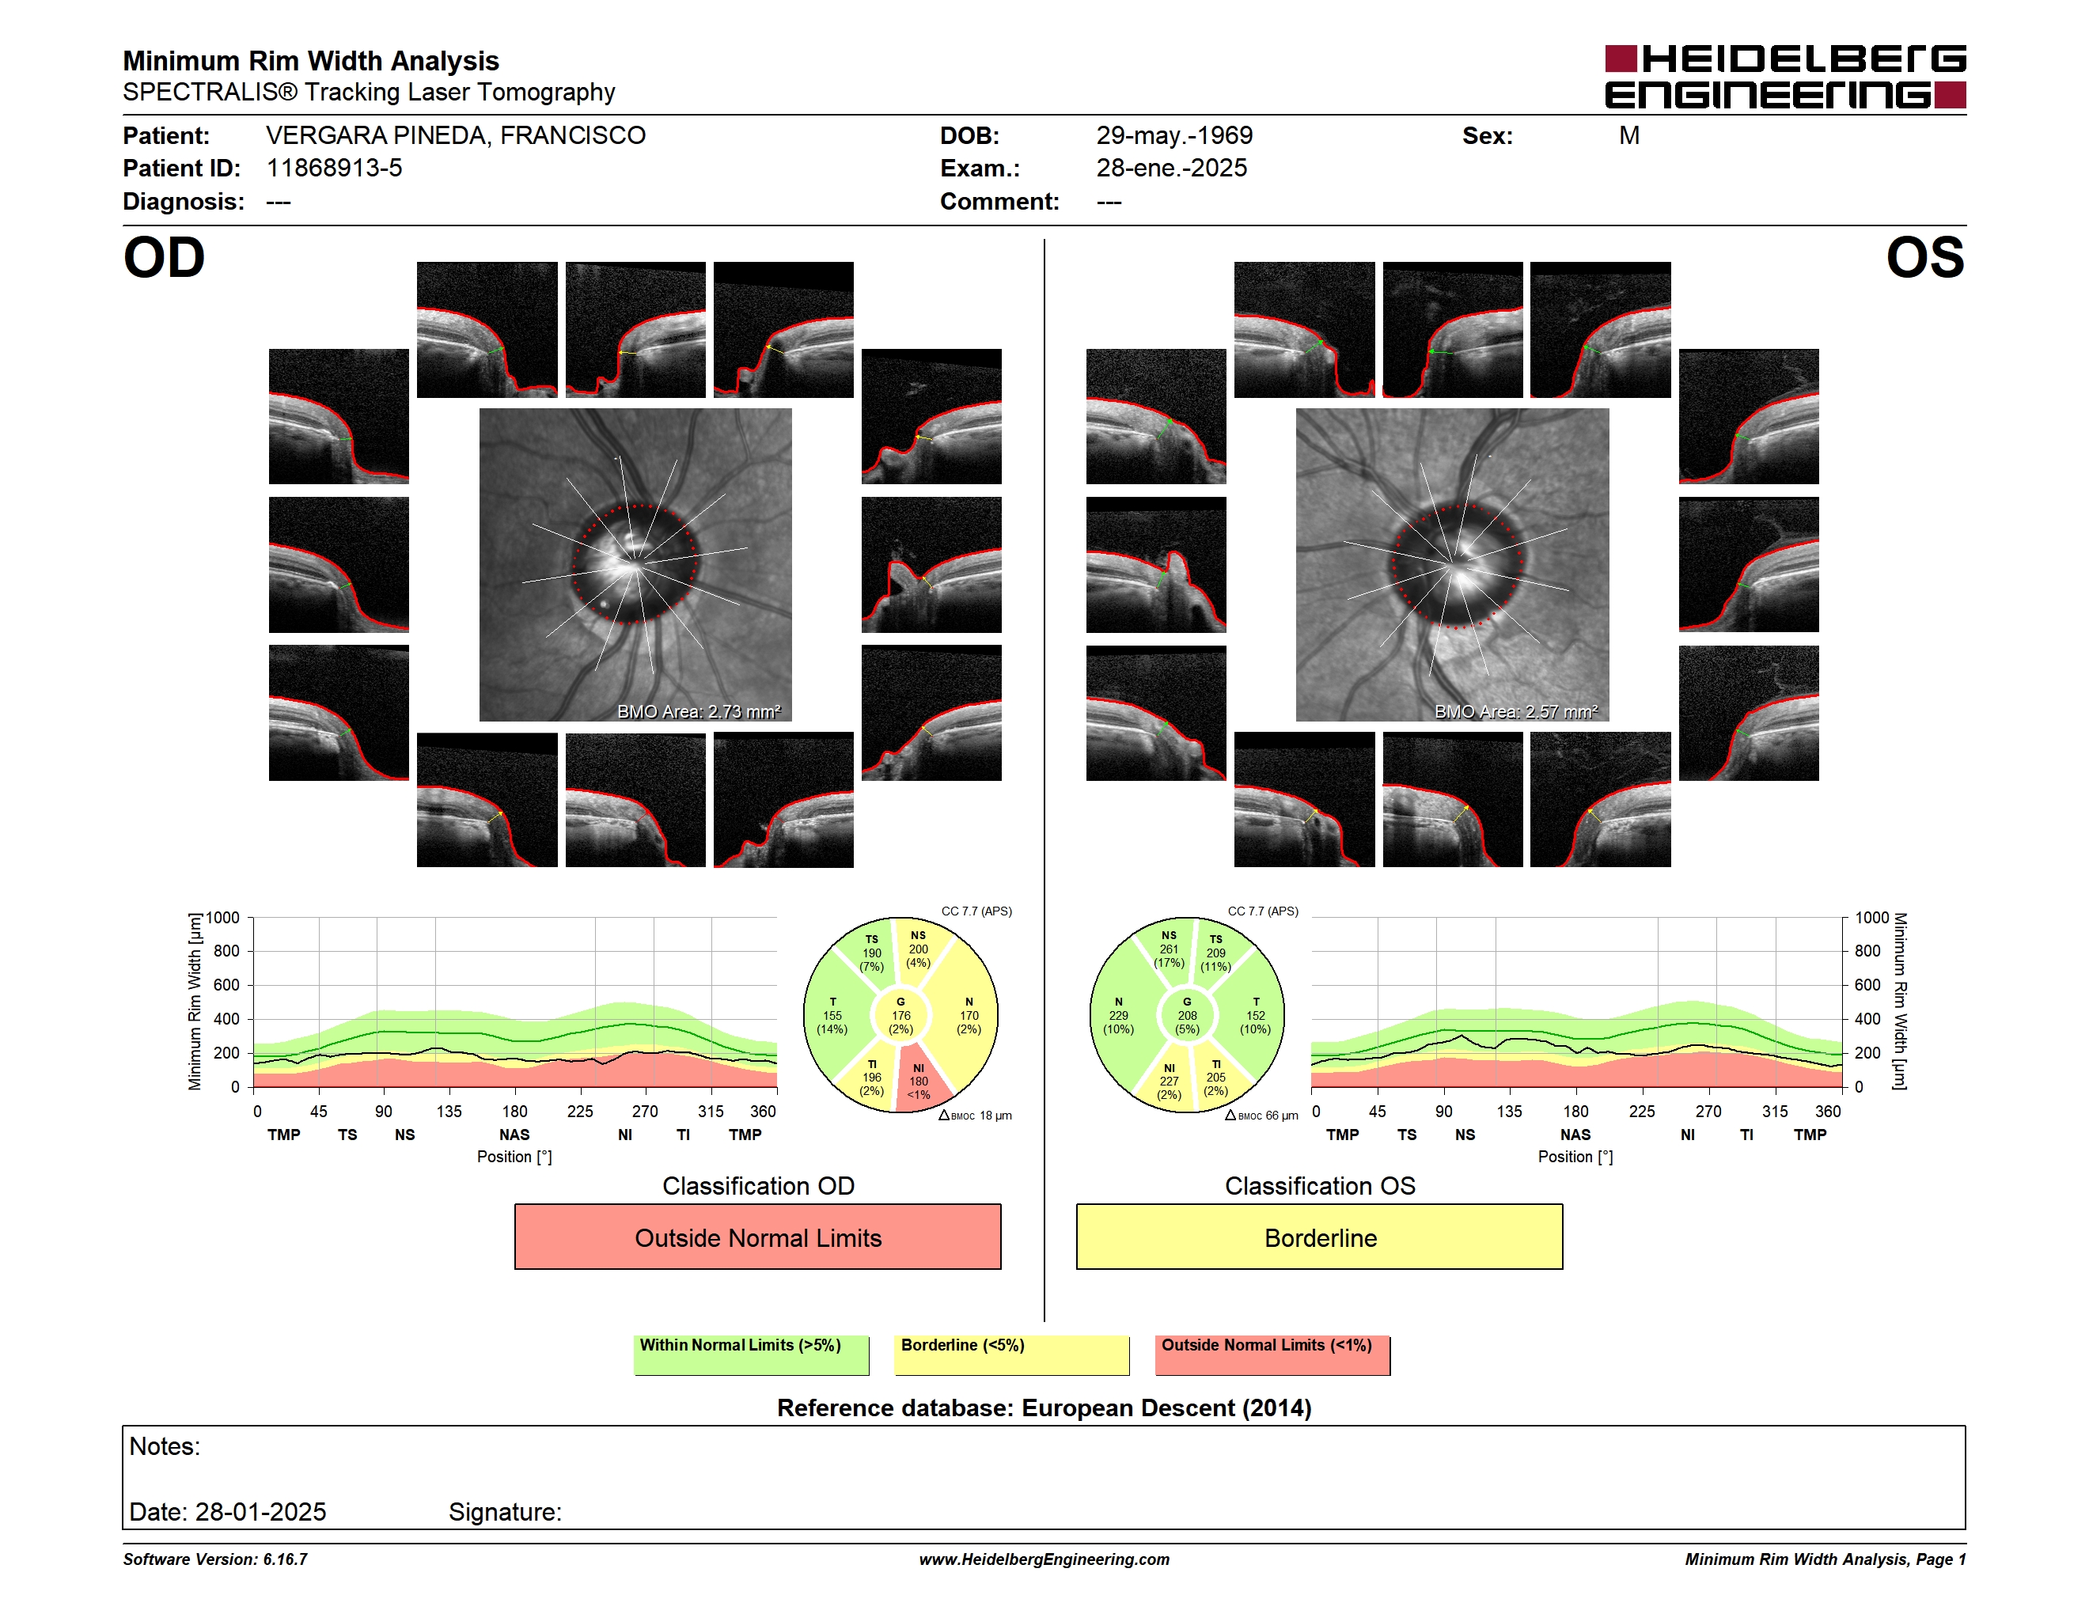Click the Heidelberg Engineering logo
point(1785,77)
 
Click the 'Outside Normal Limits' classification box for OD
point(757,1237)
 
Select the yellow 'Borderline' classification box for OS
point(1319,1237)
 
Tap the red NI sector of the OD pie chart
point(920,1078)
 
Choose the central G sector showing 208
point(1187,1015)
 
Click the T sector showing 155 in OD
point(832,1015)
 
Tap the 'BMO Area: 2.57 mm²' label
point(1516,711)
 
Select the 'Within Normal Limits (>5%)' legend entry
point(751,1354)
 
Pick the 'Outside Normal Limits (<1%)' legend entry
point(1272,1354)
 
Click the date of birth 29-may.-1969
point(1173,136)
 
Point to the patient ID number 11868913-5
point(334,169)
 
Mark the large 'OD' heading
point(164,258)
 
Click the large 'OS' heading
point(1924,258)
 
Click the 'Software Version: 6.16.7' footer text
point(215,1559)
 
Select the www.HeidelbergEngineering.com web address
point(1044,1559)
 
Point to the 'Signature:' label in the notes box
point(505,1512)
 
